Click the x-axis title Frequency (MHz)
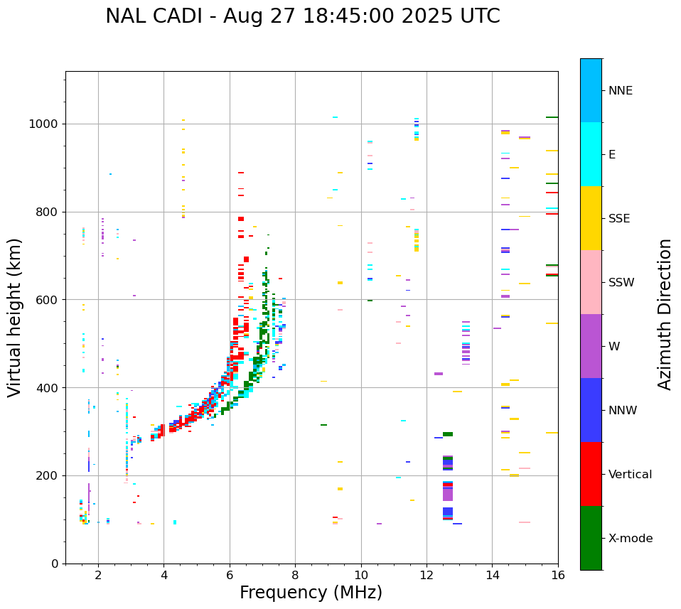coord(311,593)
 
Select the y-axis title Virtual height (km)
coord(15,317)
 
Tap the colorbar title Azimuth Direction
coord(665,313)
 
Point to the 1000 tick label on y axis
coord(43,124)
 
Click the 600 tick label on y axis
coord(47,300)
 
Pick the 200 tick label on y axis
coord(47,476)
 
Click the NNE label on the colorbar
coord(620,91)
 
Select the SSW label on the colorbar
coord(621,283)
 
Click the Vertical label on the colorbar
coord(630,475)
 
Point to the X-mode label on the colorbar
coord(631,539)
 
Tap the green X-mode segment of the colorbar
coord(591,538)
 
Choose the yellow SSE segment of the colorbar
coord(591,218)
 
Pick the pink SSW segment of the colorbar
coord(591,282)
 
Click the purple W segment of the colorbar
coord(591,346)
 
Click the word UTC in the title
coord(478,16)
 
